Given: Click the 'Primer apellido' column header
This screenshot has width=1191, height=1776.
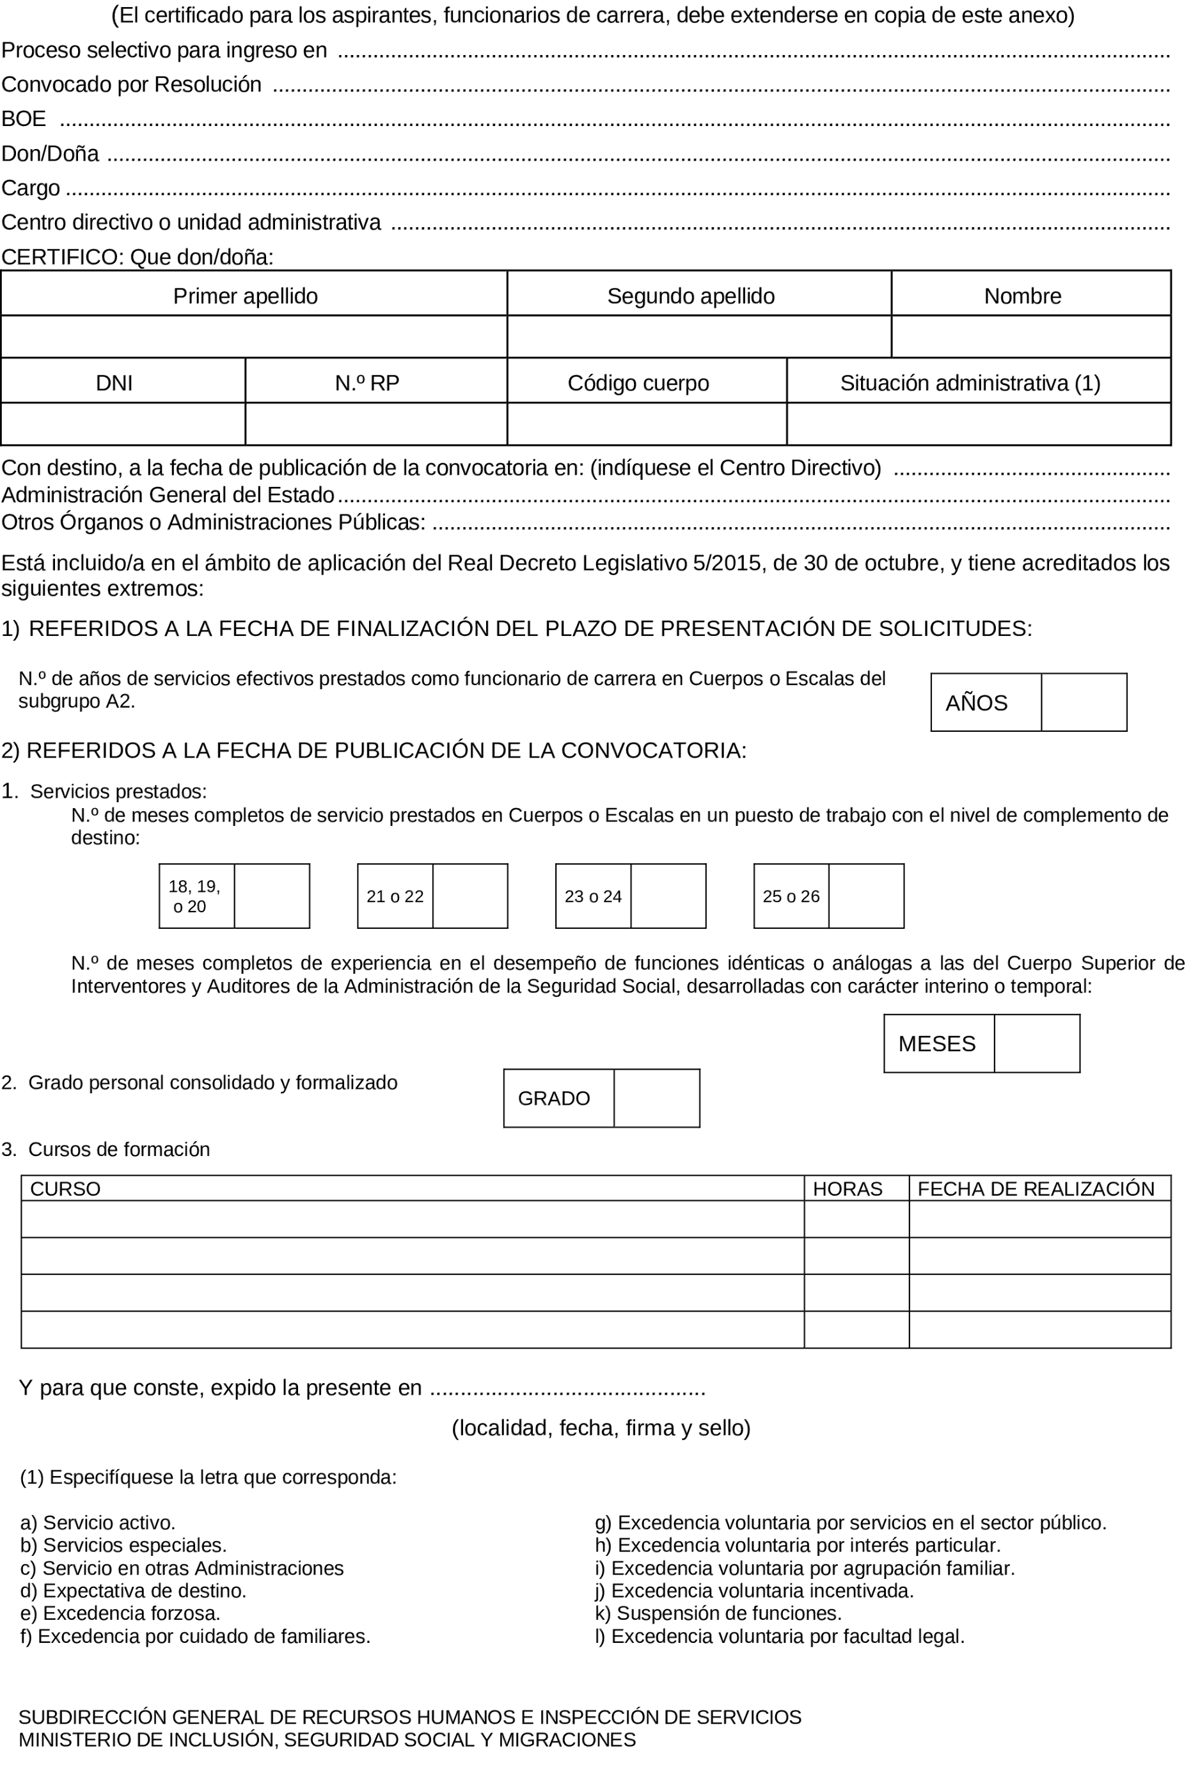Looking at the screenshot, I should click(246, 296).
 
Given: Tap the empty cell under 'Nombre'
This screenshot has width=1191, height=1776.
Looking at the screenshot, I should click(1030, 337).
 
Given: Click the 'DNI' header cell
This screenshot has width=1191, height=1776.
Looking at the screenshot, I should click(114, 383).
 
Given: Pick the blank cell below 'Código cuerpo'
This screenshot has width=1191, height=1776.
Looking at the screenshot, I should click(647, 424).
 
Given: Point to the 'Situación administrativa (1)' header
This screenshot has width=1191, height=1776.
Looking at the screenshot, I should click(970, 383).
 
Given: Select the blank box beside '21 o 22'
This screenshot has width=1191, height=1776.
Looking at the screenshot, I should click(470, 896).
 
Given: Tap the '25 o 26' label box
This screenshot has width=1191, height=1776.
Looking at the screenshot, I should click(791, 896).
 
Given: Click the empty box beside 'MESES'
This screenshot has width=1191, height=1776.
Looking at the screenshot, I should click(1036, 1043).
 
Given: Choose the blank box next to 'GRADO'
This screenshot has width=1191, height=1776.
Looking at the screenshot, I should click(656, 1098).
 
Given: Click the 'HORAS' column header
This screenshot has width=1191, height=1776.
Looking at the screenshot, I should click(848, 1189).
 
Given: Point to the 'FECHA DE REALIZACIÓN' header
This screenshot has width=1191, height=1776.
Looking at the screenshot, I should click(1036, 1189).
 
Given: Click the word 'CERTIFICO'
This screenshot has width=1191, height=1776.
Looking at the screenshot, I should click(61, 258).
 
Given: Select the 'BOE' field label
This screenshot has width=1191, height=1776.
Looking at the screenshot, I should click(24, 119).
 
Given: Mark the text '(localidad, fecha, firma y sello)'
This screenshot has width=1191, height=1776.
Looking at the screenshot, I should click(601, 1428).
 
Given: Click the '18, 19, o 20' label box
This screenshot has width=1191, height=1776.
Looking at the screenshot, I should click(195, 896).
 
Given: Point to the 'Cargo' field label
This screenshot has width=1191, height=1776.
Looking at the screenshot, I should click(31, 188).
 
